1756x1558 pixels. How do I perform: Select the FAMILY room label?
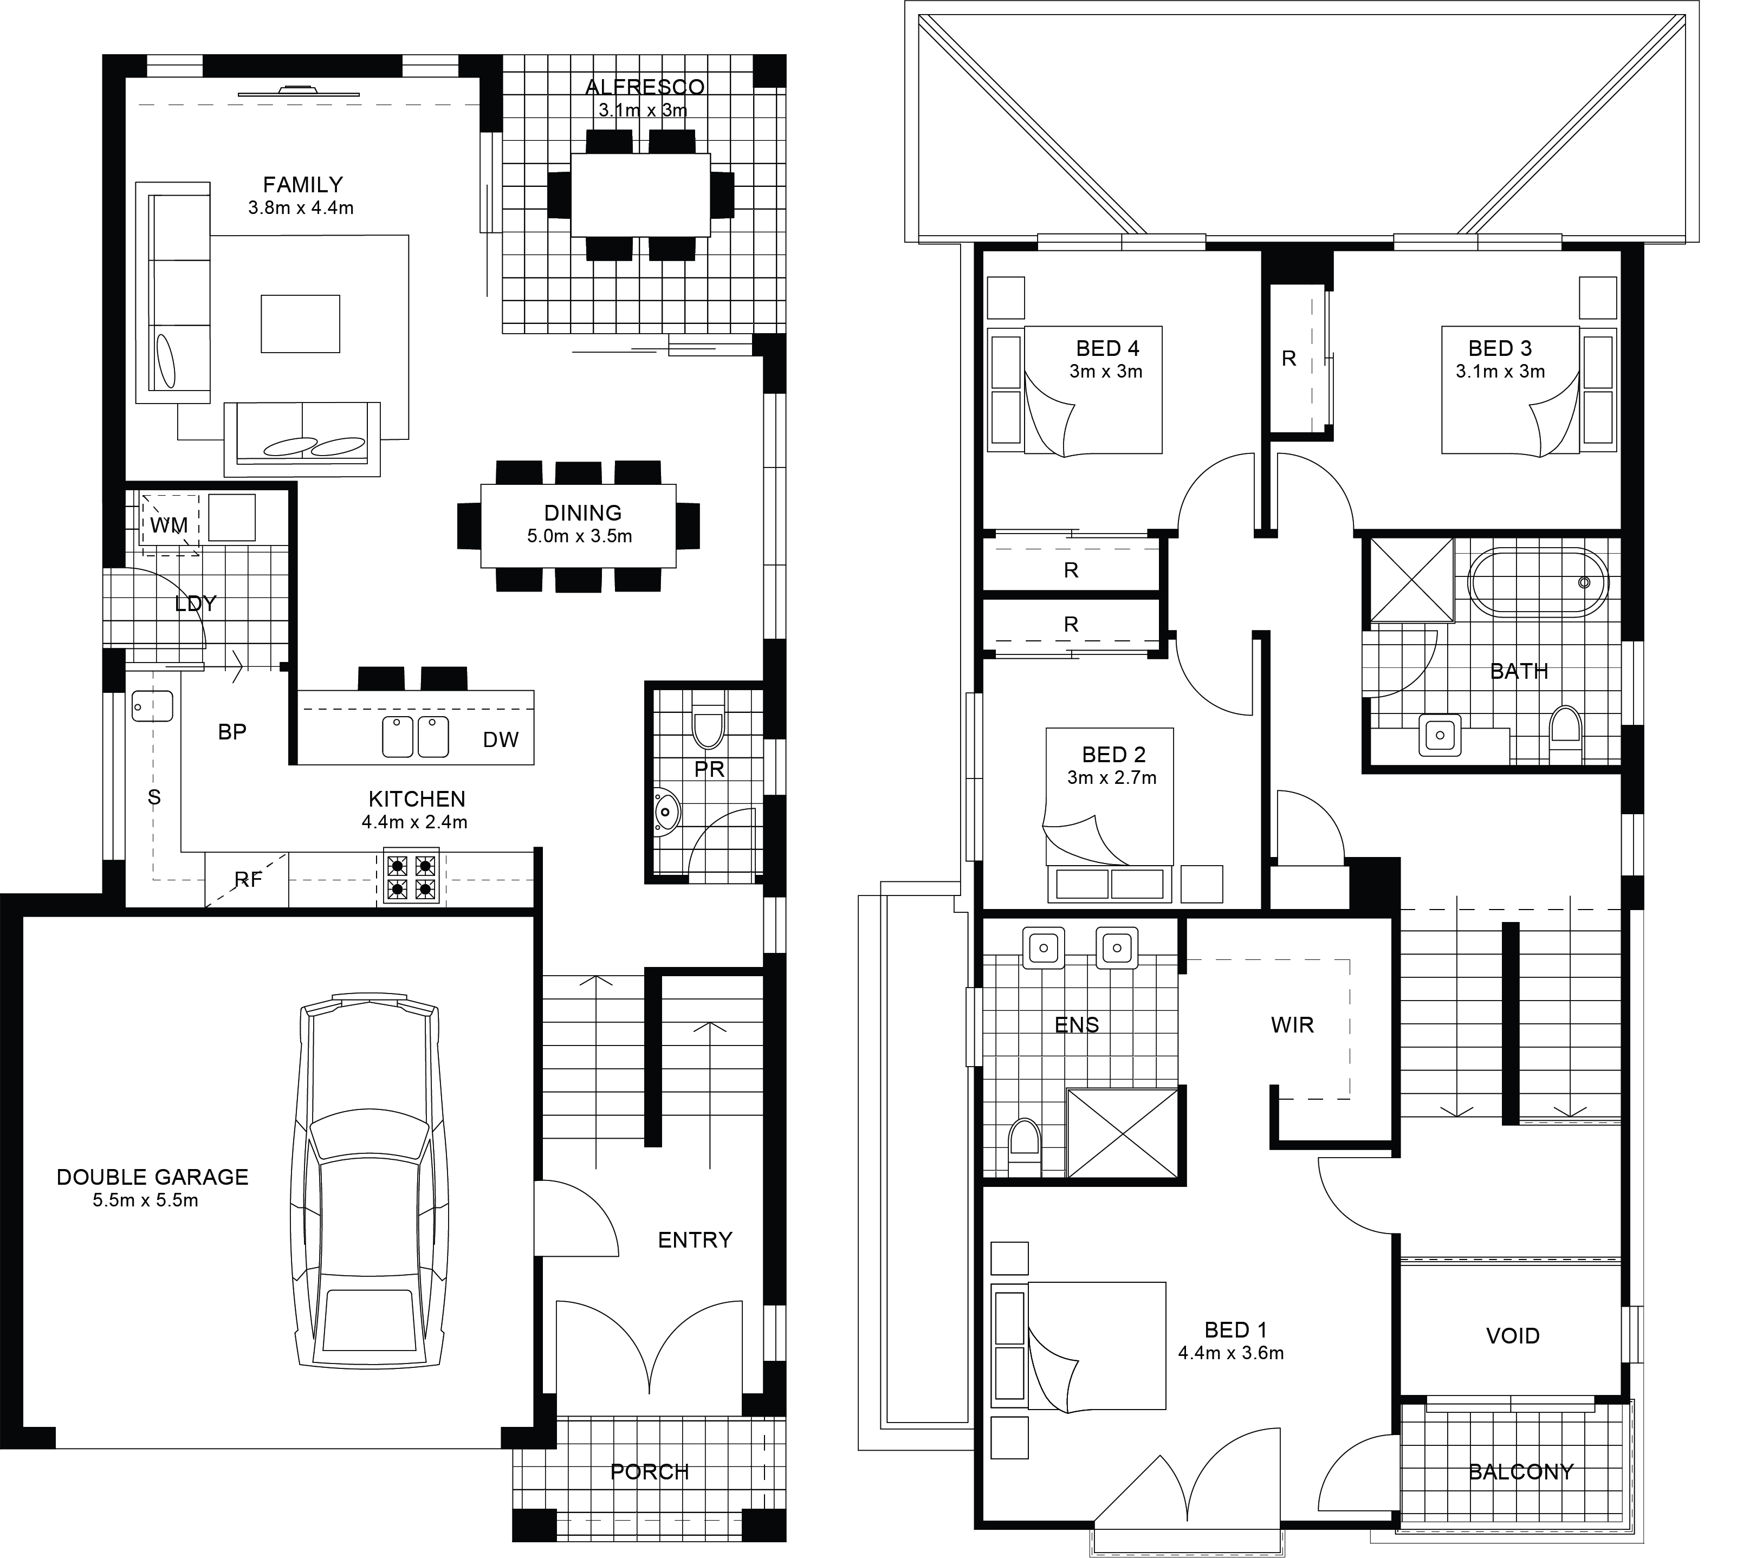tap(302, 185)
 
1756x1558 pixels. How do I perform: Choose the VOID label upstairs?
tap(1513, 1335)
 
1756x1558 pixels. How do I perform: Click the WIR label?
tap(1292, 1024)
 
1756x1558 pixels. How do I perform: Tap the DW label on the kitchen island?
tap(501, 741)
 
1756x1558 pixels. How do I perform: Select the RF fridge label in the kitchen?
tap(248, 879)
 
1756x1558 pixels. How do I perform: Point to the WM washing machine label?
tap(169, 525)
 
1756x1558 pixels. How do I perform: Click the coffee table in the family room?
tap(301, 324)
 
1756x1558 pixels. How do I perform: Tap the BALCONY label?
tap(1521, 1472)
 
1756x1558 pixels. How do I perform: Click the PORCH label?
tap(650, 1472)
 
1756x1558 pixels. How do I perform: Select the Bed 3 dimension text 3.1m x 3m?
tap(1500, 372)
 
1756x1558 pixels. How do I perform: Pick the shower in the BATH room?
tap(1411, 580)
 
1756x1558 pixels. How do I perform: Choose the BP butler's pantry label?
tap(232, 732)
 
